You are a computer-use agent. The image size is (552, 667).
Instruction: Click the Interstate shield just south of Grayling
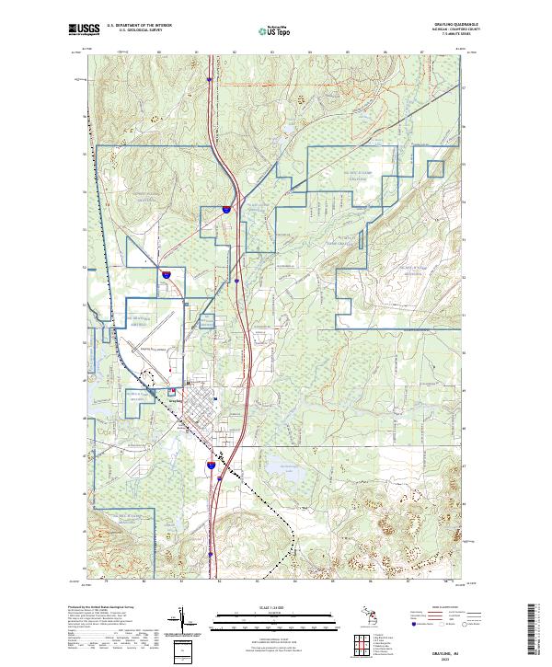[211, 467]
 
